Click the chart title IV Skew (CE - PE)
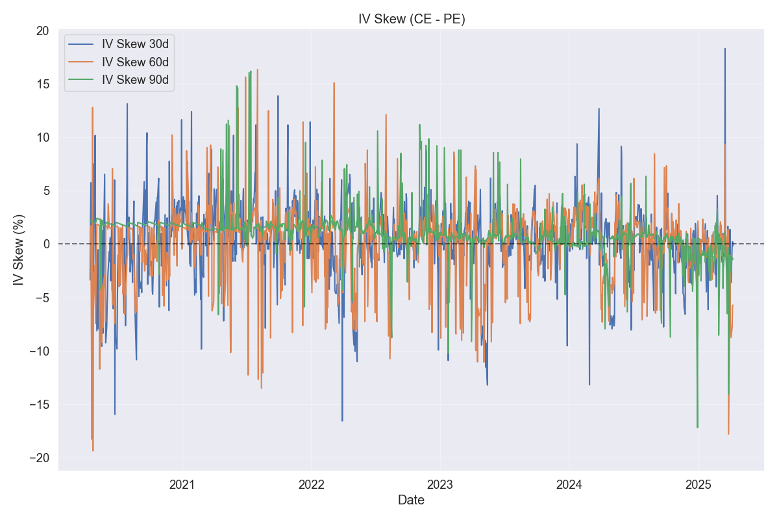click(x=412, y=19)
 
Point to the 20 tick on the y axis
click(x=44, y=31)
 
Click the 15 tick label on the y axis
click(x=44, y=84)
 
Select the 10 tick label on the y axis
click(x=44, y=137)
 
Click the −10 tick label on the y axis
click(x=40, y=351)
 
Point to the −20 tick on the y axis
click(x=40, y=458)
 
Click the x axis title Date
click(x=412, y=500)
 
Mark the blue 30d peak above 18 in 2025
click(x=725, y=49)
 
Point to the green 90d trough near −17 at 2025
click(x=698, y=427)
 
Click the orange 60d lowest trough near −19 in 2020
click(x=93, y=450)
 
